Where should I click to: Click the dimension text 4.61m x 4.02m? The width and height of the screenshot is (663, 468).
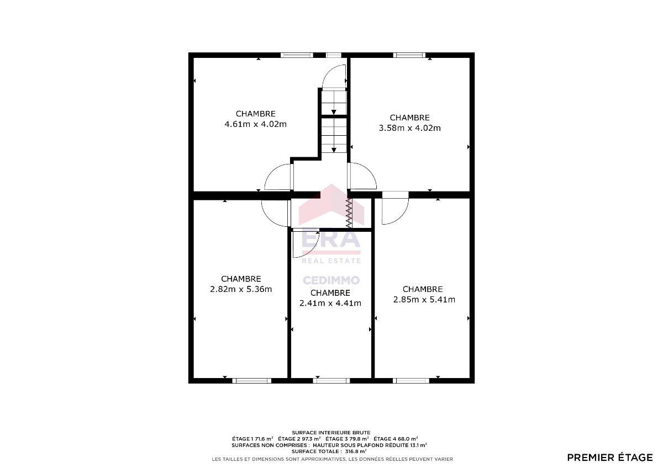(255, 124)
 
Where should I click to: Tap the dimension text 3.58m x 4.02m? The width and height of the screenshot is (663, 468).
(409, 128)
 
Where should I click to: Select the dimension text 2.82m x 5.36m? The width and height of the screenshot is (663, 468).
(241, 289)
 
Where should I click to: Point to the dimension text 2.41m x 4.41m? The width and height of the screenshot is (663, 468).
(330, 303)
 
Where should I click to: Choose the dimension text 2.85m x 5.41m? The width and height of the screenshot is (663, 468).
(424, 300)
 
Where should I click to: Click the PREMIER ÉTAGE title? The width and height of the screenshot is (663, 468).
(610, 458)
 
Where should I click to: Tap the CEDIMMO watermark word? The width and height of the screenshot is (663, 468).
(331, 280)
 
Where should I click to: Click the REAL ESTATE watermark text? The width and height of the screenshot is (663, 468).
(331, 260)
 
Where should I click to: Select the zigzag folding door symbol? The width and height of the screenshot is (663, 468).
(349, 212)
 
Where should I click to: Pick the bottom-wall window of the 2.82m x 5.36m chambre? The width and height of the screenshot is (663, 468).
(251, 380)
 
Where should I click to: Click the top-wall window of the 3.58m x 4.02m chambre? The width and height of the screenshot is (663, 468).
(409, 55)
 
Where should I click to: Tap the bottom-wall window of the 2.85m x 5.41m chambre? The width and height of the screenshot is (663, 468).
(411, 380)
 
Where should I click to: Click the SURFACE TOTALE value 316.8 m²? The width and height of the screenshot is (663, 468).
(356, 451)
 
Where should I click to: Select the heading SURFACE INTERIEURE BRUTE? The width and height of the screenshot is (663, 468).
(331, 433)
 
